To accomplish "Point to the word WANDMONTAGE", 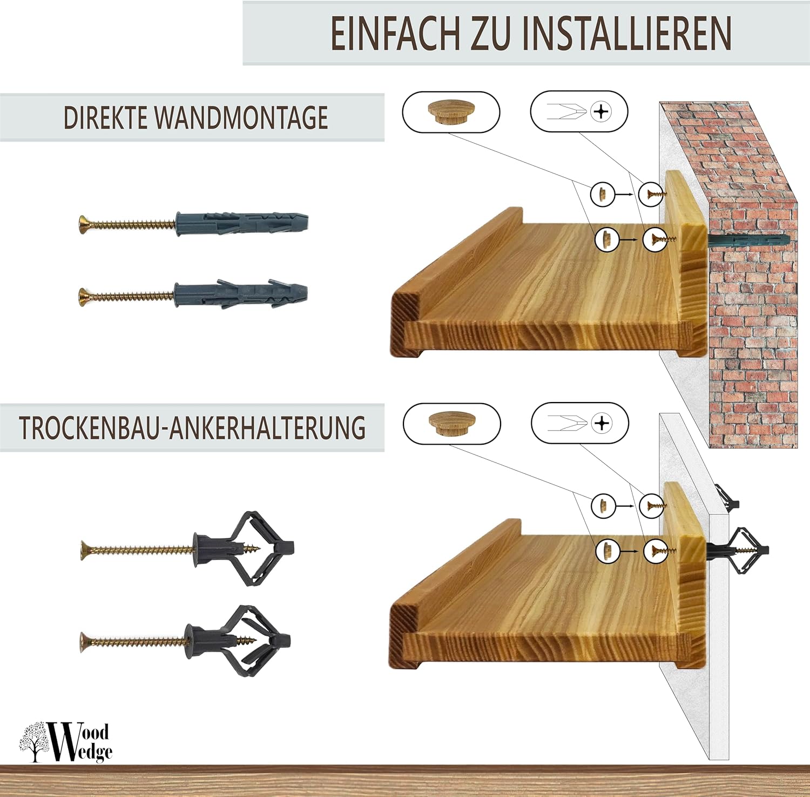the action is pyautogui.click(x=241, y=118).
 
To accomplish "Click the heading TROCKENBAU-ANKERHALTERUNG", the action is pyautogui.click(x=192, y=427).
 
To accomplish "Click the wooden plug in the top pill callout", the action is pyautogui.click(x=450, y=112).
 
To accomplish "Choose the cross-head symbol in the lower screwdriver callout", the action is pyautogui.click(x=602, y=423).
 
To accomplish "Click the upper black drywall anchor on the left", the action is pyautogui.click(x=188, y=549).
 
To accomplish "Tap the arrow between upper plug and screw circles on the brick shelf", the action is pyautogui.click(x=625, y=194).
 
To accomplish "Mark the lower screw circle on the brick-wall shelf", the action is pyautogui.click(x=656, y=239).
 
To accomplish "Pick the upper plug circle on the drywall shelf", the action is pyautogui.click(x=603, y=506).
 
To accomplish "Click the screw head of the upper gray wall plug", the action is pyautogui.click(x=84, y=223).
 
